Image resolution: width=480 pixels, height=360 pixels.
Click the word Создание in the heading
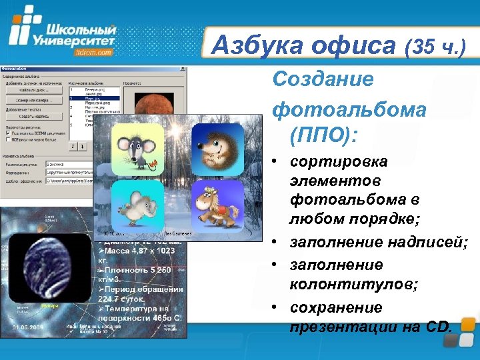pos(323,80)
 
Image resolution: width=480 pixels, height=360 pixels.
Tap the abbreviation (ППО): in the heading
pos(324,135)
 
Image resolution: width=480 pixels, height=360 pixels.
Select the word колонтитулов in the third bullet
pos(353,285)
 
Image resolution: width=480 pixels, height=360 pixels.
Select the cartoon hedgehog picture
pos(217,149)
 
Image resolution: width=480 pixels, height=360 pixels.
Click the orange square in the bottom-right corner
pos(469,325)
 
